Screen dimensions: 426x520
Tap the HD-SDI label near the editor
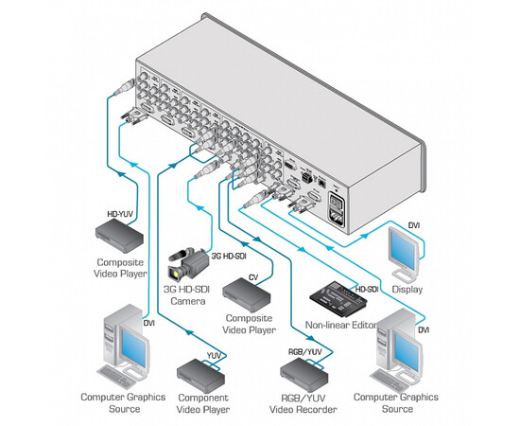368,288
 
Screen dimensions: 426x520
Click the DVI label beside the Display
414,224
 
